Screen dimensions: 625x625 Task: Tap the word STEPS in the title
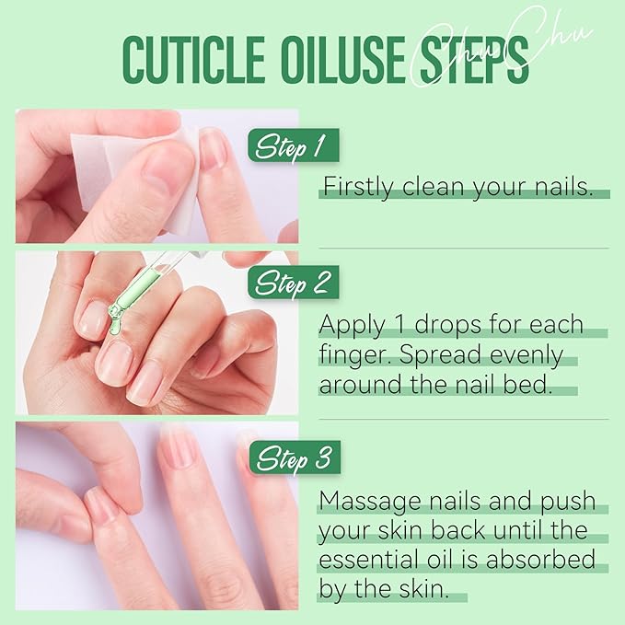[472, 62]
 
